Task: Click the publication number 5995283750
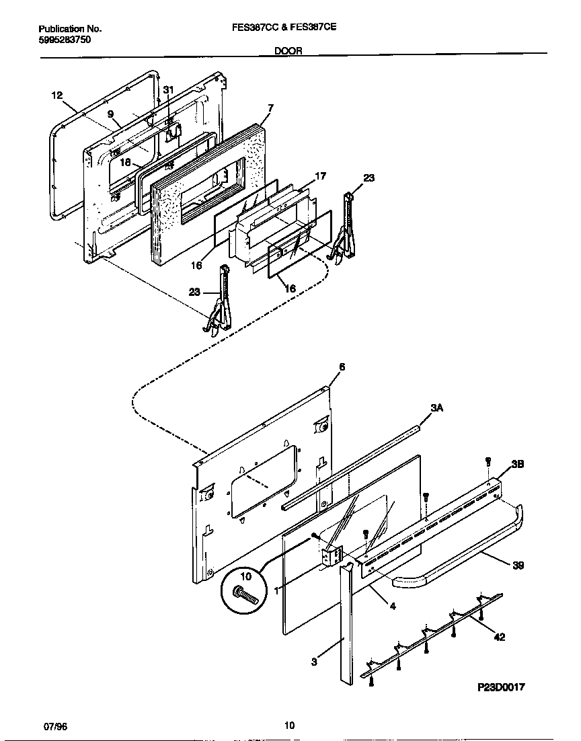[x=65, y=40]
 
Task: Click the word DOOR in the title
[x=288, y=50]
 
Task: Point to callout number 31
[x=169, y=90]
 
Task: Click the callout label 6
[x=342, y=366]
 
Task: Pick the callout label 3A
[x=436, y=408]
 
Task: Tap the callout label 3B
[x=518, y=464]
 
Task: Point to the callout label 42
[x=499, y=637]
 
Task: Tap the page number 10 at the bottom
[x=289, y=725]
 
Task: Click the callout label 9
[x=110, y=114]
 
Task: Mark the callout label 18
[x=126, y=162]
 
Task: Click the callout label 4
[x=393, y=606]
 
